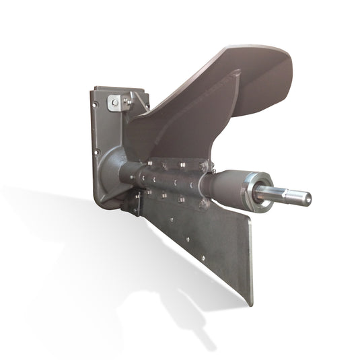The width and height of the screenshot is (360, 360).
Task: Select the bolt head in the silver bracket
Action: click(116, 102)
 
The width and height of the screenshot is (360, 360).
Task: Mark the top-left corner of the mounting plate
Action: click(95, 88)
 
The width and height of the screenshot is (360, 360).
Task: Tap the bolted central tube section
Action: click(168, 180)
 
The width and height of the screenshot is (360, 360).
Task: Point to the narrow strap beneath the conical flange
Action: click(135, 203)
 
